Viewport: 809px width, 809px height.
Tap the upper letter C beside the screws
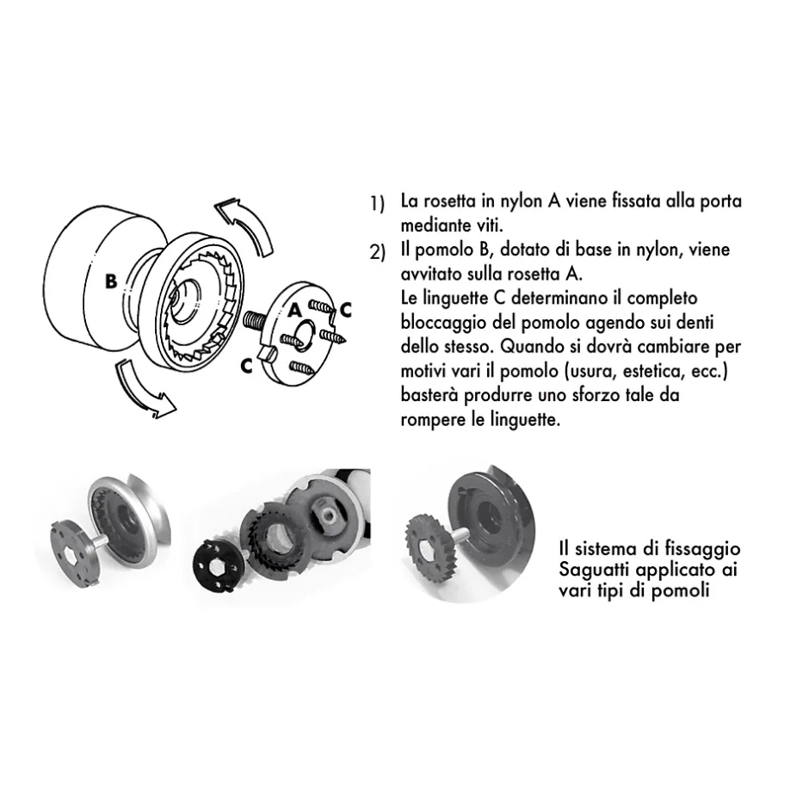(345, 308)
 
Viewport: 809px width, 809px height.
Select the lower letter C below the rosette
(246, 365)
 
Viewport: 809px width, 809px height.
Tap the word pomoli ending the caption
(684, 592)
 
